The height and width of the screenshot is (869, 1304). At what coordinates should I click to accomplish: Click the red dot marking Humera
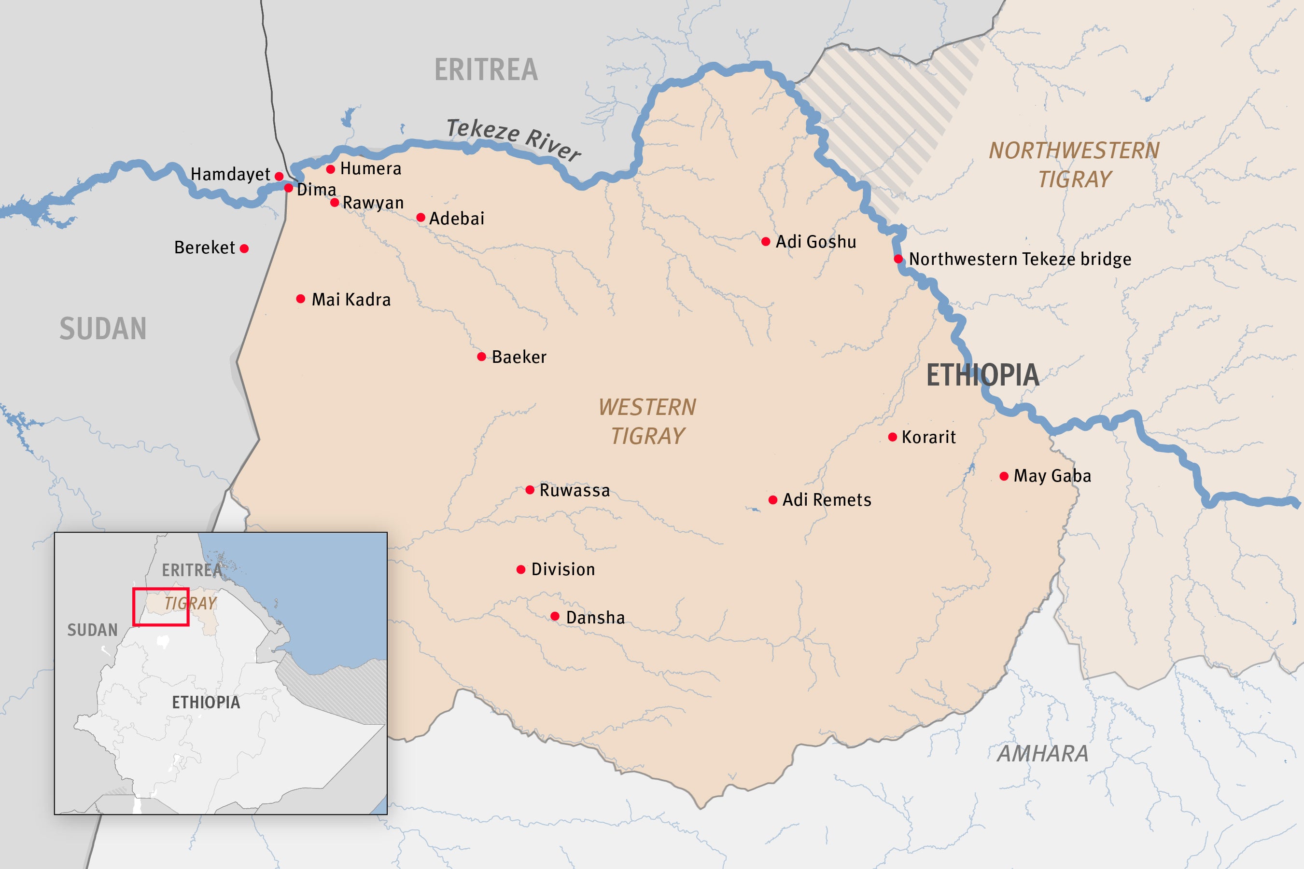pyautogui.click(x=330, y=169)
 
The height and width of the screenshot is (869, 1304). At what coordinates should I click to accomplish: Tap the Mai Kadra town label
pyautogui.click(x=351, y=300)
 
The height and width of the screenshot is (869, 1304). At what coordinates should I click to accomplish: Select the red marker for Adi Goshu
pyautogui.click(x=766, y=242)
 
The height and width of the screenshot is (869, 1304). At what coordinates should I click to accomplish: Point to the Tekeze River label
pyautogui.click(x=513, y=139)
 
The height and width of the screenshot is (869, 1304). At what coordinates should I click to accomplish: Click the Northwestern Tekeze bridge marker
pyautogui.click(x=898, y=259)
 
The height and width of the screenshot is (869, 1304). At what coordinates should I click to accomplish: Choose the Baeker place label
pyautogui.click(x=519, y=357)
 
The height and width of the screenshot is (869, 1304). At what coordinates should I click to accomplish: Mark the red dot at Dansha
pyautogui.click(x=555, y=616)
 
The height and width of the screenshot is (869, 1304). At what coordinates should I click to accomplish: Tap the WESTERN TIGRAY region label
pyautogui.click(x=647, y=422)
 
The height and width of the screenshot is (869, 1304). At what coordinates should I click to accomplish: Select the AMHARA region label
pyautogui.click(x=1043, y=754)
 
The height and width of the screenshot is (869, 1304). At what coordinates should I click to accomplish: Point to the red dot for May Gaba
pyautogui.click(x=1004, y=476)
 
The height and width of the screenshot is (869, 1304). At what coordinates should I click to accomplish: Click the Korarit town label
pyautogui.click(x=929, y=437)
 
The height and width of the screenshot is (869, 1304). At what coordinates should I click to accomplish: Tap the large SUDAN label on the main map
pyautogui.click(x=103, y=329)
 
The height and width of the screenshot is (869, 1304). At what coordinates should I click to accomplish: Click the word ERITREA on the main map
pyautogui.click(x=486, y=70)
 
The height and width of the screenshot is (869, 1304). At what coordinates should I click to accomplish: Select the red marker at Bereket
pyautogui.click(x=244, y=249)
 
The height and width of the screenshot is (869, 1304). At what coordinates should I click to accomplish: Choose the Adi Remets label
pyautogui.click(x=827, y=500)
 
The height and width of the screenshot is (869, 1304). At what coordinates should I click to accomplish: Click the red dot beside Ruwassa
pyautogui.click(x=530, y=490)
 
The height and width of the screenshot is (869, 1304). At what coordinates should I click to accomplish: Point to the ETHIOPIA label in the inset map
pyautogui.click(x=206, y=702)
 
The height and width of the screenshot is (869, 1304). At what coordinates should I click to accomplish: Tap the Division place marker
pyautogui.click(x=521, y=570)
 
